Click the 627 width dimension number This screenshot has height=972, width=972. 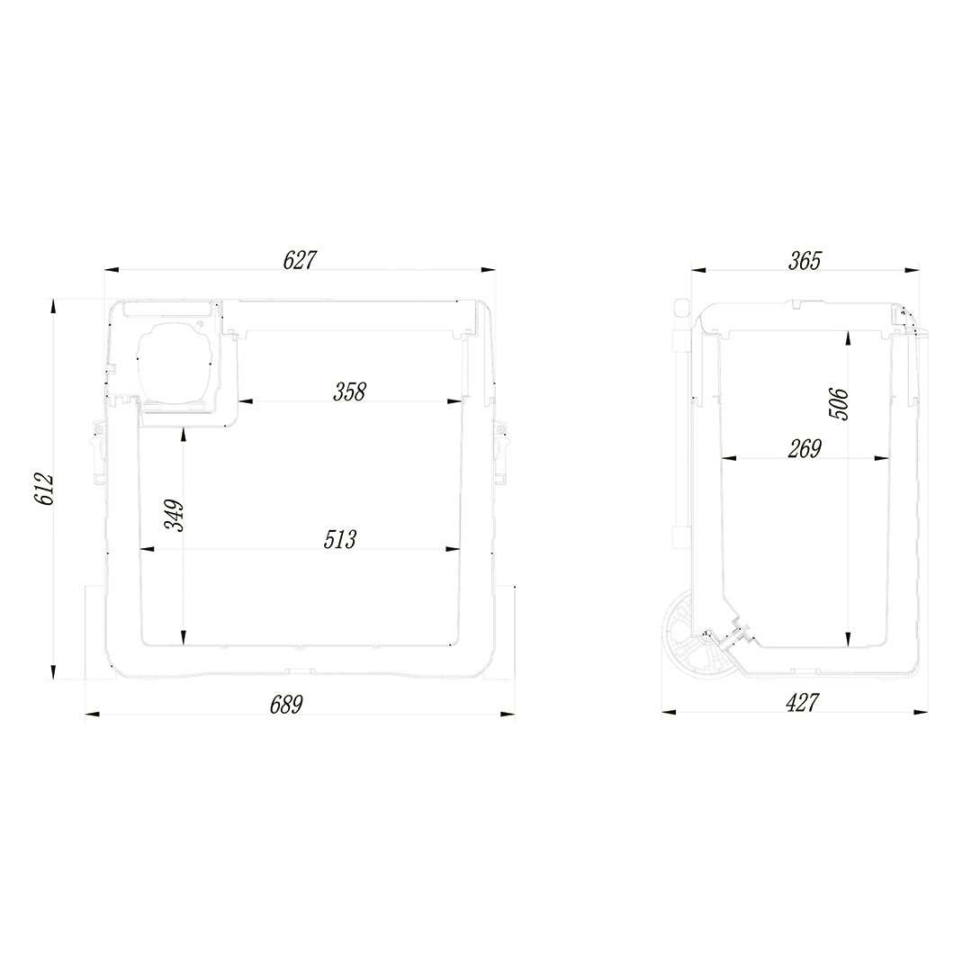(300, 260)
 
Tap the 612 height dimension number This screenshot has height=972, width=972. (44, 489)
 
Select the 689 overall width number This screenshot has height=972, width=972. (286, 705)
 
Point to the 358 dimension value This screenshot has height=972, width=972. (349, 391)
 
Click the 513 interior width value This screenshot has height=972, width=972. (340, 539)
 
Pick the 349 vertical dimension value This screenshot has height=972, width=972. (175, 515)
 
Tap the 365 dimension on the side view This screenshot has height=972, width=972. (805, 261)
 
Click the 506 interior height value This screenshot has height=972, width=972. (839, 403)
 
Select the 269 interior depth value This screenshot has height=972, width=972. (805, 448)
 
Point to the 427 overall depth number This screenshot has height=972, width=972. (802, 703)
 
